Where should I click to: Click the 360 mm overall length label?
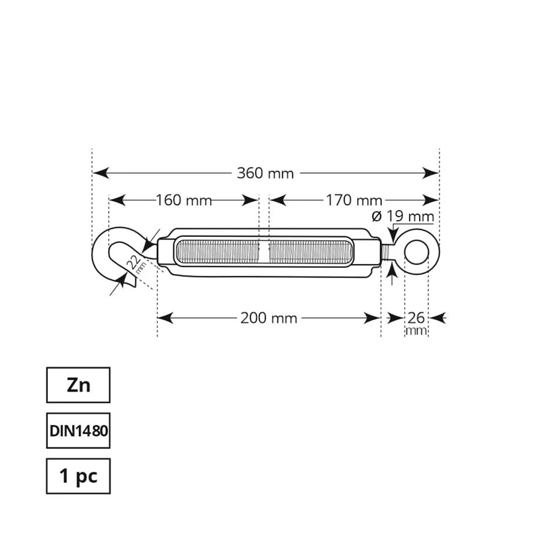coord(265,173)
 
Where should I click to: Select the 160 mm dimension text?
coord(184,200)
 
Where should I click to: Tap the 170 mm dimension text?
coord(354,200)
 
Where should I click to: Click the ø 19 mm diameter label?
coord(402,217)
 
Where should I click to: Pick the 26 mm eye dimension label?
coord(416,322)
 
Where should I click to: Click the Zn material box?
coord(78,385)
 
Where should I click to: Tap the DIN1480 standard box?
coord(78,431)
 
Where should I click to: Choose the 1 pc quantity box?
coord(78,477)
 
